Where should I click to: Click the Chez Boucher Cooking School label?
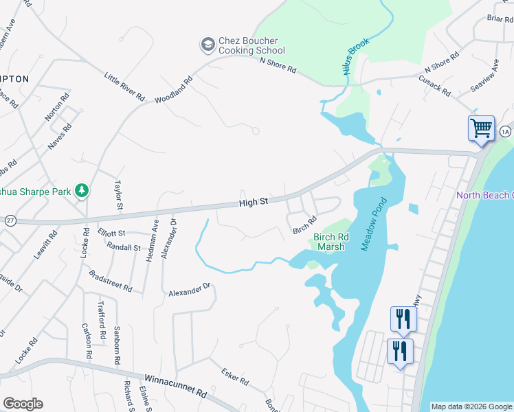[x=252, y=45]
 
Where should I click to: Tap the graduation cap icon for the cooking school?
[x=208, y=45]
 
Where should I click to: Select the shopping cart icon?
[x=481, y=128]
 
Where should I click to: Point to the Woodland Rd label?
[x=173, y=90]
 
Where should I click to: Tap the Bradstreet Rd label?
[x=110, y=281]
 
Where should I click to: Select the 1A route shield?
[x=505, y=130]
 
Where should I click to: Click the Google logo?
[x=23, y=404]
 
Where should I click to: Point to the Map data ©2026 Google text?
[x=471, y=407]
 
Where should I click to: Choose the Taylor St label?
[x=118, y=194]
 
